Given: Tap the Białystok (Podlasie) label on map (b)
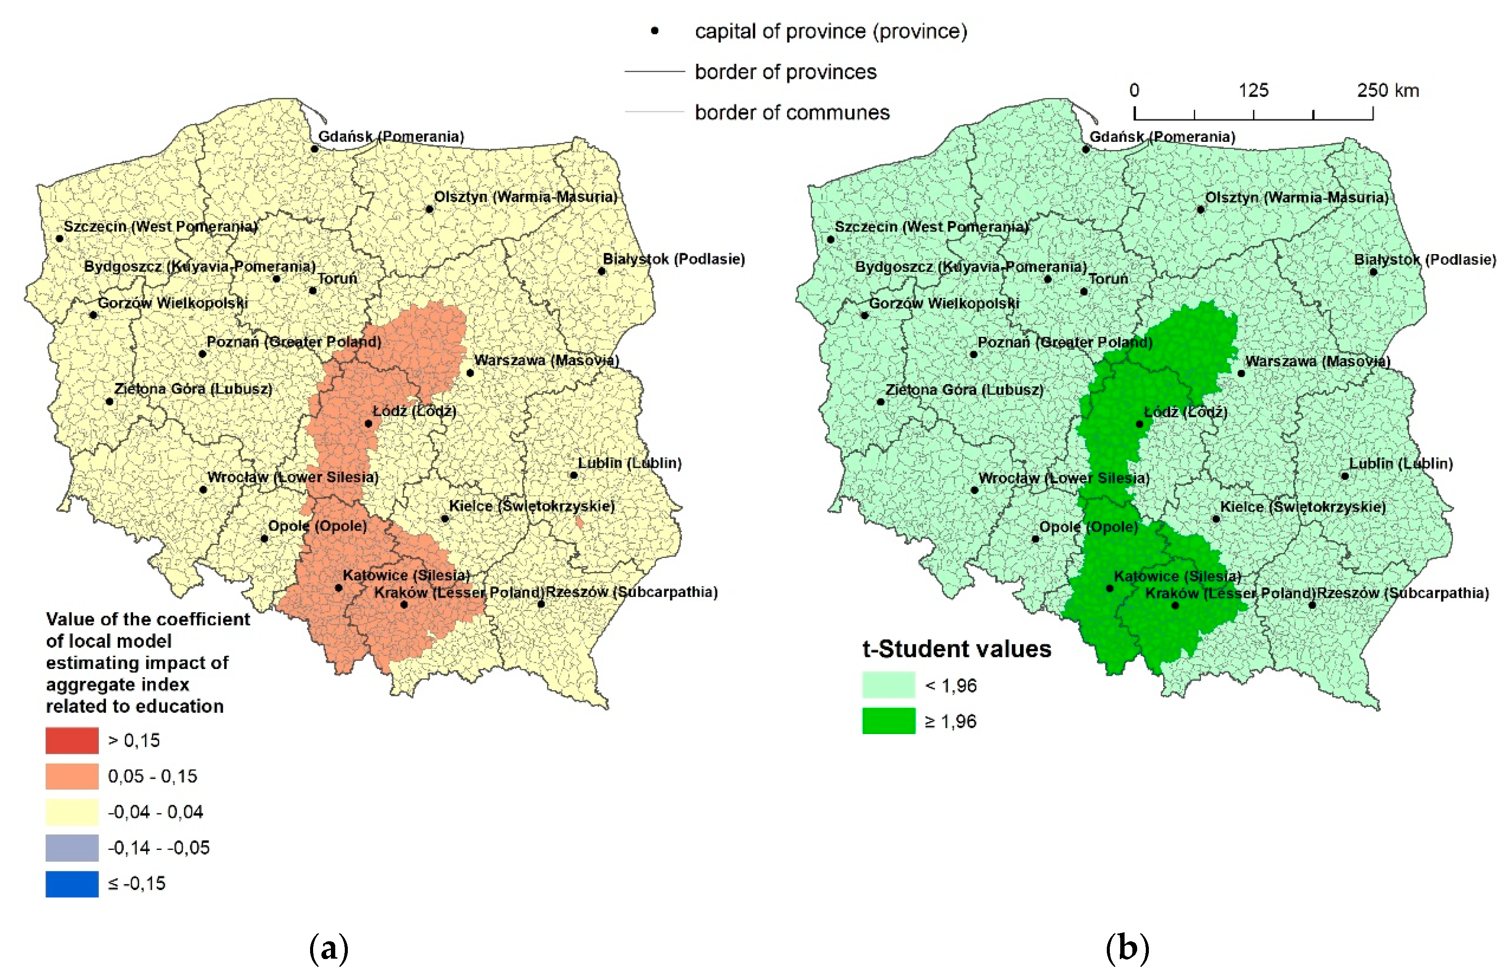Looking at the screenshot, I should point(1425,260).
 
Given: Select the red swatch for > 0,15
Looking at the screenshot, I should point(72,740).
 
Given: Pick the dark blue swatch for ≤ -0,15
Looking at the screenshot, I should point(72,884).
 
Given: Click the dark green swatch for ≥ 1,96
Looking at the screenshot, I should point(888,721).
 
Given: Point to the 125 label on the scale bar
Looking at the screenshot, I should point(1253,90).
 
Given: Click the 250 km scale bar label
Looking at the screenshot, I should point(1388,90).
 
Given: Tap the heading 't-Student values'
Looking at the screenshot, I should point(957,649).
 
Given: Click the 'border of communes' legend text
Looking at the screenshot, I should point(791,112).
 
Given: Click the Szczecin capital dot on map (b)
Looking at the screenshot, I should point(831,239).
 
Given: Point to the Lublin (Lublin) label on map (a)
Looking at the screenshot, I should point(629,463).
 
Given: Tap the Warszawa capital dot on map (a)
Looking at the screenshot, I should point(470,373).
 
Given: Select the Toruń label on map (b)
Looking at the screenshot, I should point(1108,279).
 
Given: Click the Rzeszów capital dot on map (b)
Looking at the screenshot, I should point(1311,605).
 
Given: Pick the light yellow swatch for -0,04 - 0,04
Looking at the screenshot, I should point(72,812).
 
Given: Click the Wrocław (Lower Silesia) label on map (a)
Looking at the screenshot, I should point(293,477).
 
